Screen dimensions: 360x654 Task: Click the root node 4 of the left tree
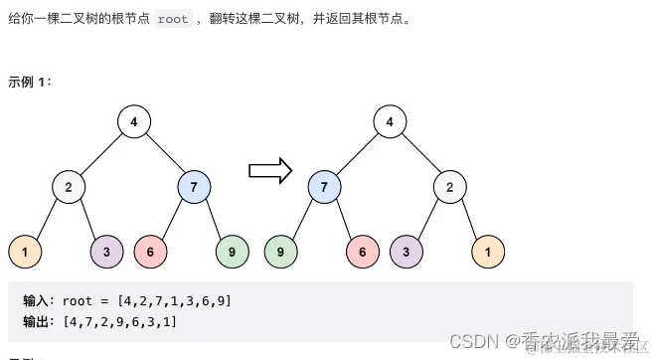tap(134, 123)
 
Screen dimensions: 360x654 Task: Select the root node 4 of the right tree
tap(390, 123)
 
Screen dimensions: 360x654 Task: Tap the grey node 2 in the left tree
tap(69, 187)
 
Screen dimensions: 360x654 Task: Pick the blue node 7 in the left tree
tap(194, 187)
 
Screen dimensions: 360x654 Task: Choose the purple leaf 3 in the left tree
tap(106, 253)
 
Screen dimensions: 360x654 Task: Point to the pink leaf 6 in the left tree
tap(149, 253)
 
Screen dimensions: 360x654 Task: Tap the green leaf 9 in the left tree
tap(232, 253)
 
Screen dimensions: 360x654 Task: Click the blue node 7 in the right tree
tap(324, 187)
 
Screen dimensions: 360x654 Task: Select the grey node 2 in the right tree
tap(449, 187)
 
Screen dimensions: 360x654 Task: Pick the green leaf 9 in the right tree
tap(280, 253)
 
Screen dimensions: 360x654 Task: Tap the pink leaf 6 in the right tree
tap(363, 253)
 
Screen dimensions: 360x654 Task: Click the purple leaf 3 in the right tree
tap(406, 253)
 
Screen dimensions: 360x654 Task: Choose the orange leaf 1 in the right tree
tap(488, 253)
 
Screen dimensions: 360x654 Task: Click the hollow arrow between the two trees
tap(269, 170)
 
